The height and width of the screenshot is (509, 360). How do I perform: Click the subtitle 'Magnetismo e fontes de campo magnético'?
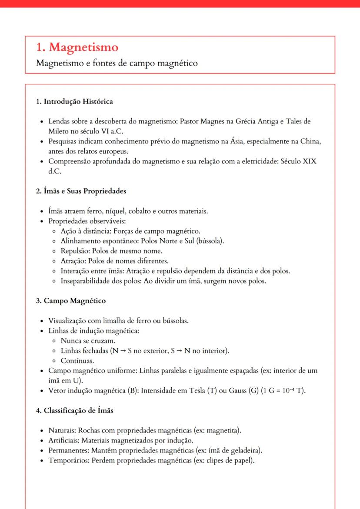coord(117,63)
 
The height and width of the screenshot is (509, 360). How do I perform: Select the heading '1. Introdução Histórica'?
coord(74,102)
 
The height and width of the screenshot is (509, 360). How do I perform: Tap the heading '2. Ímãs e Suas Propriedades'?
coord(81,191)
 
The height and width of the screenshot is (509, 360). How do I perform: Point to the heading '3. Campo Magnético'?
coord(71,301)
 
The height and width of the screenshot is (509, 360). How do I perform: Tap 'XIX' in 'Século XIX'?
coord(309,161)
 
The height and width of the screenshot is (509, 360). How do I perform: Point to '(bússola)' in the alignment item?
coord(211,241)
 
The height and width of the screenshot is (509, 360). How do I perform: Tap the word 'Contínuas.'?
coord(77,361)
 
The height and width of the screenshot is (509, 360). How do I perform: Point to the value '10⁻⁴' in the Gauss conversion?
coord(289,390)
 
